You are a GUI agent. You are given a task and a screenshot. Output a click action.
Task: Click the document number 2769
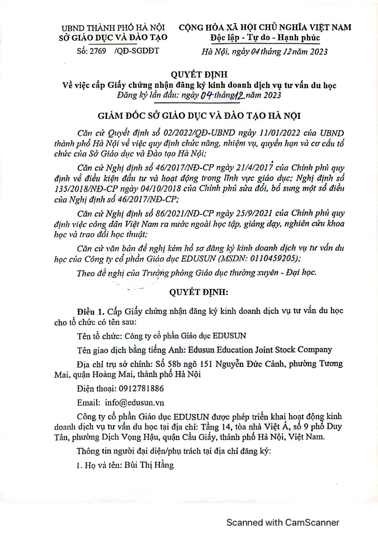coord(98,51)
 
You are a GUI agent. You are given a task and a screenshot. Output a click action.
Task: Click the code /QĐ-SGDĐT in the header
coord(137,51)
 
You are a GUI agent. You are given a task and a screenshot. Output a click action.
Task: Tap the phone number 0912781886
coord(141,388)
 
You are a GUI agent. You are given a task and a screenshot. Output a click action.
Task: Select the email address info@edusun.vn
coord(134,403)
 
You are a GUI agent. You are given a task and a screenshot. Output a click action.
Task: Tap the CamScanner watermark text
coord(283,523)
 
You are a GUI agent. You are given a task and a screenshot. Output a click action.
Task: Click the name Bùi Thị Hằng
coord(149,465)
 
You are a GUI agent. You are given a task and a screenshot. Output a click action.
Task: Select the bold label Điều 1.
coord(91,312)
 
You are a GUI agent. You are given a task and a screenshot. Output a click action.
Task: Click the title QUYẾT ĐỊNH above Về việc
coord(199,74)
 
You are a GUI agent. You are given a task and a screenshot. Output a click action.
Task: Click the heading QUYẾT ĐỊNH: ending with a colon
coord(199,292)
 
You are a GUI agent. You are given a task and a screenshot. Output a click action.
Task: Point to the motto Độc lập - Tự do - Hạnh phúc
coord(265,38)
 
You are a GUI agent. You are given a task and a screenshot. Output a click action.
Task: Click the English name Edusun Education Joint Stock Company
coord(260,350)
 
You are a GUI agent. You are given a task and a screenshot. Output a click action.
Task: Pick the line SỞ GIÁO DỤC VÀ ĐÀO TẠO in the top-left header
coord(113,37)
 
